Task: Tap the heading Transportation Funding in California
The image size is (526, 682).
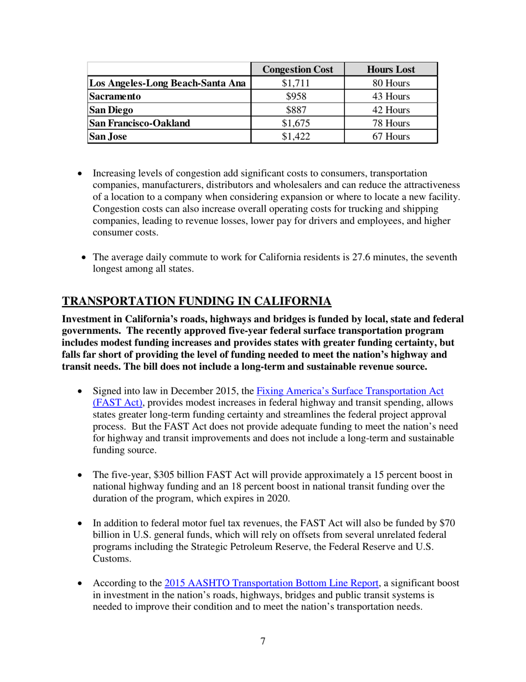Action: click(x=197, y=302)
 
